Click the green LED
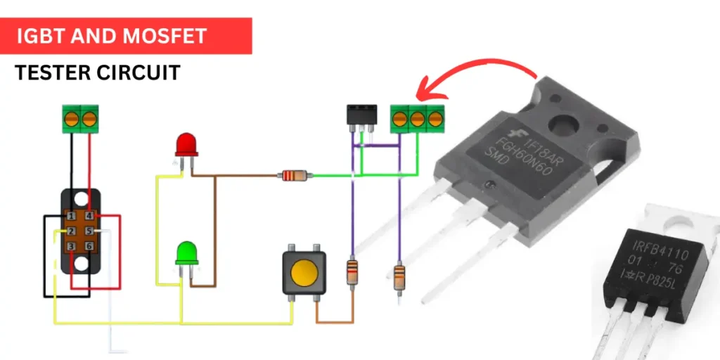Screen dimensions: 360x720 click(187, 252)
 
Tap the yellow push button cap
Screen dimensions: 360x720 click(303, 273)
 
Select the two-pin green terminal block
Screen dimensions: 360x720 click(79, 118)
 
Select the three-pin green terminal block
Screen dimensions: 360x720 click(417, 118)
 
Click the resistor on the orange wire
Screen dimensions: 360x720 click(352, 271)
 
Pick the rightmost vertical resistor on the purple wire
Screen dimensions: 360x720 click(399, 276)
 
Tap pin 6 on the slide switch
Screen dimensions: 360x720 click(89, 246)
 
